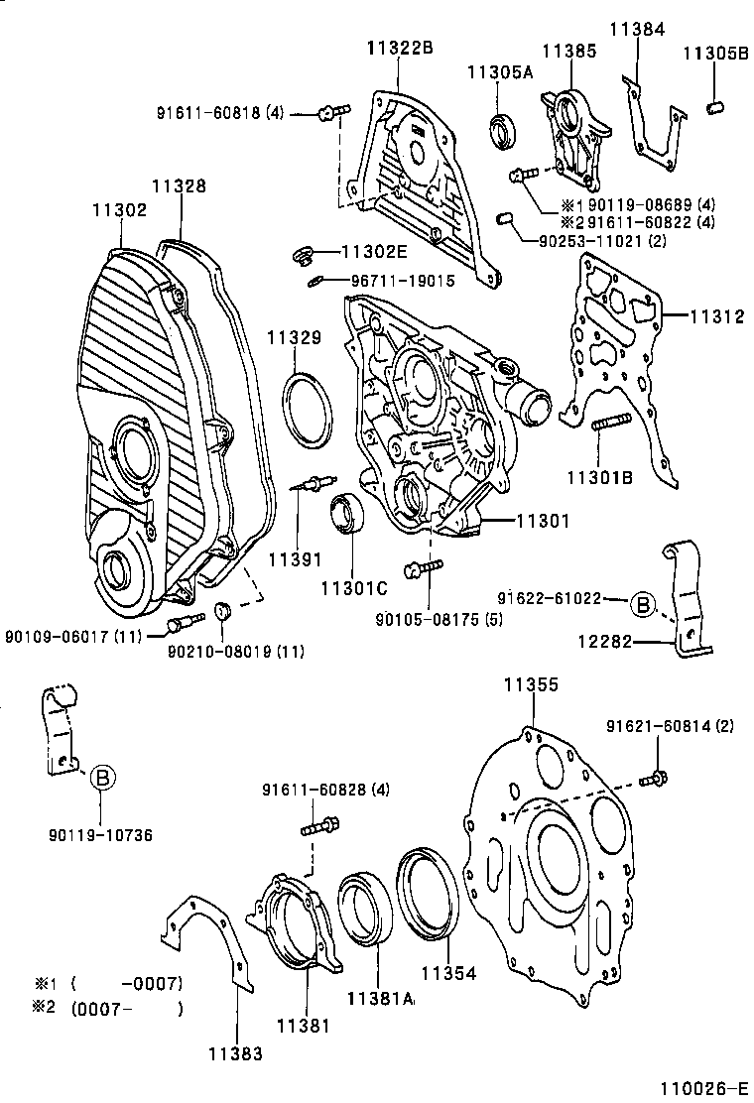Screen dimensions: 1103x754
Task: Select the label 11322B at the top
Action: (400, 46)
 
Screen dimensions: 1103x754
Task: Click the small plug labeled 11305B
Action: (716, 105)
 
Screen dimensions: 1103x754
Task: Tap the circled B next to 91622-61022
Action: (643, 602)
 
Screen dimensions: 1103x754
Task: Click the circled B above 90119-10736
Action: (102, 779)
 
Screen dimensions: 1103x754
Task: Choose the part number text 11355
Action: (531, 684)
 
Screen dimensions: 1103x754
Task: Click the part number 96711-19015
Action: (402, 281)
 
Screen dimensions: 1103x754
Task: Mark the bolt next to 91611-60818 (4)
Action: (331, 115)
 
